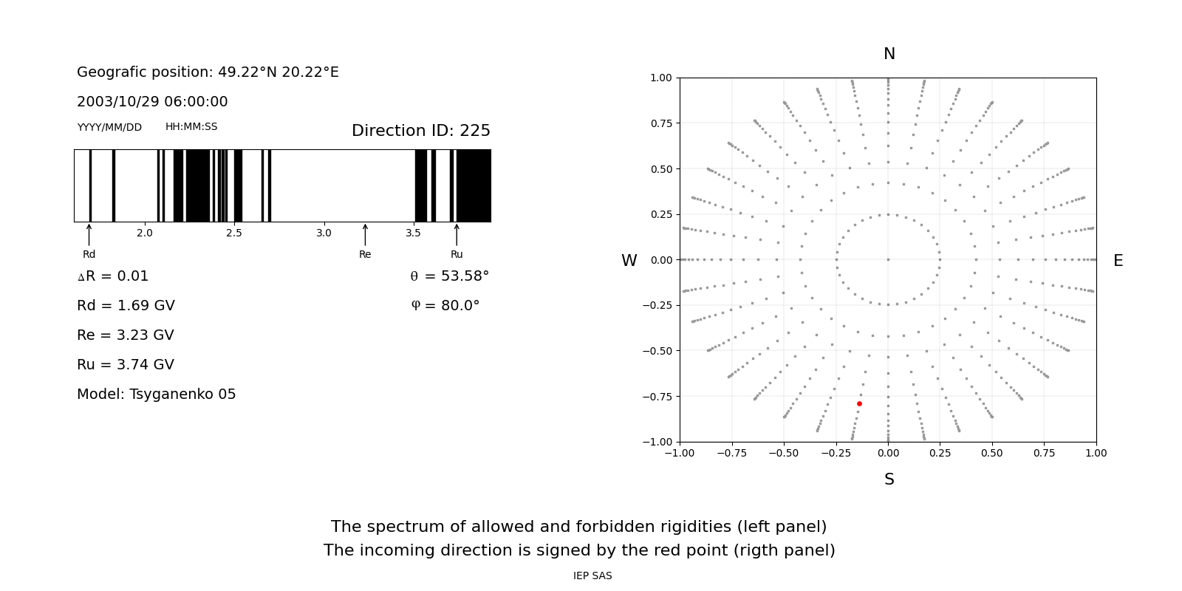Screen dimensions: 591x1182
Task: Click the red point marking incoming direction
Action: [x=859, y=403]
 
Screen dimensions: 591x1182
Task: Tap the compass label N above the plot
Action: [x=889, y=54]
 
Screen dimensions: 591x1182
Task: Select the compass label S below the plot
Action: [x=889, y=479]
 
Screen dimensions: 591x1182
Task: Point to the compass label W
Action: [x=629, y=261]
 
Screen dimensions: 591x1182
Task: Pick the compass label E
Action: [x=1118, y=261]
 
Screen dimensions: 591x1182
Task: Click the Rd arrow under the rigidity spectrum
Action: [x=89, y=235]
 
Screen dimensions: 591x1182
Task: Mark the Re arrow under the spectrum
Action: [x=365, y=235]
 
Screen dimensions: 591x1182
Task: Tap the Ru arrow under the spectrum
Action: [x=457, y=235]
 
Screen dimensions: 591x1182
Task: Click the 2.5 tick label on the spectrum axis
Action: [x=234, y=233]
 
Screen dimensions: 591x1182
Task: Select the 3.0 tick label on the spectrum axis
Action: [x=324, y=233]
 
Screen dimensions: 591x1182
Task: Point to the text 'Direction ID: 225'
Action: [x=421, y=131]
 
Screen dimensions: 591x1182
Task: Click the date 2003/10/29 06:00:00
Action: [x=152, y=102]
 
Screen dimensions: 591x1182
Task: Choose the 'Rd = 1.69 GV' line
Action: [x=126, y=306]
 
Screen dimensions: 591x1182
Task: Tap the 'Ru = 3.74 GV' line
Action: [x=126, y=365]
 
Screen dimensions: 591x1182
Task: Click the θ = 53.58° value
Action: [x=450, y=276]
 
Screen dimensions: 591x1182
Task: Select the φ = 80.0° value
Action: [x=445, y=306]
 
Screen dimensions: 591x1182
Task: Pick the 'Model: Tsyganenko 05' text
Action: [x=157, y=394]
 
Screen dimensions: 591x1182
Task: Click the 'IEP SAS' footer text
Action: [x=592, y=576]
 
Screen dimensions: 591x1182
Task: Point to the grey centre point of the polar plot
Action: [x=888, y=259]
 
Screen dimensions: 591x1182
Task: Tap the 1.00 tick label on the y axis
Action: [x=660, y=78]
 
